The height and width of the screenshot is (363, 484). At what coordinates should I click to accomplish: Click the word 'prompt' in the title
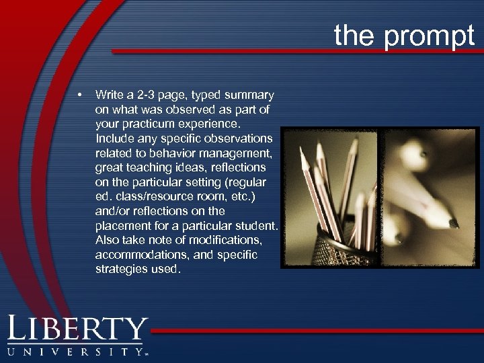pyautogui.click(x=430, y=35)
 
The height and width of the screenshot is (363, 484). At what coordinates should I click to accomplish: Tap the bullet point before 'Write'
pyautogui.click(x=80, y=93)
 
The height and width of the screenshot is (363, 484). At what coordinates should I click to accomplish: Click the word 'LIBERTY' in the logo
pyautogui.click(x=77, y=329)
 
